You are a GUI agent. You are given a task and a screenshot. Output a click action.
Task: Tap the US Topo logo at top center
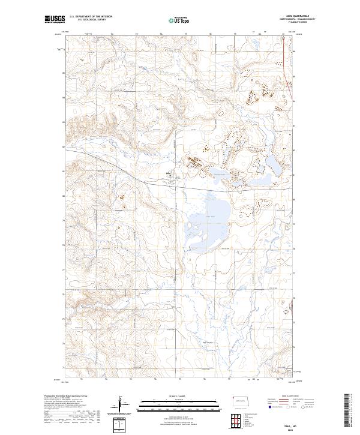[x=180, y=20]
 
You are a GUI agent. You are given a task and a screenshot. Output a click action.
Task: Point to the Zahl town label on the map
[x=169, y=175]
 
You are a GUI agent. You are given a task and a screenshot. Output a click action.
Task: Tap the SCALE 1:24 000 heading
[x=179, y=395]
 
